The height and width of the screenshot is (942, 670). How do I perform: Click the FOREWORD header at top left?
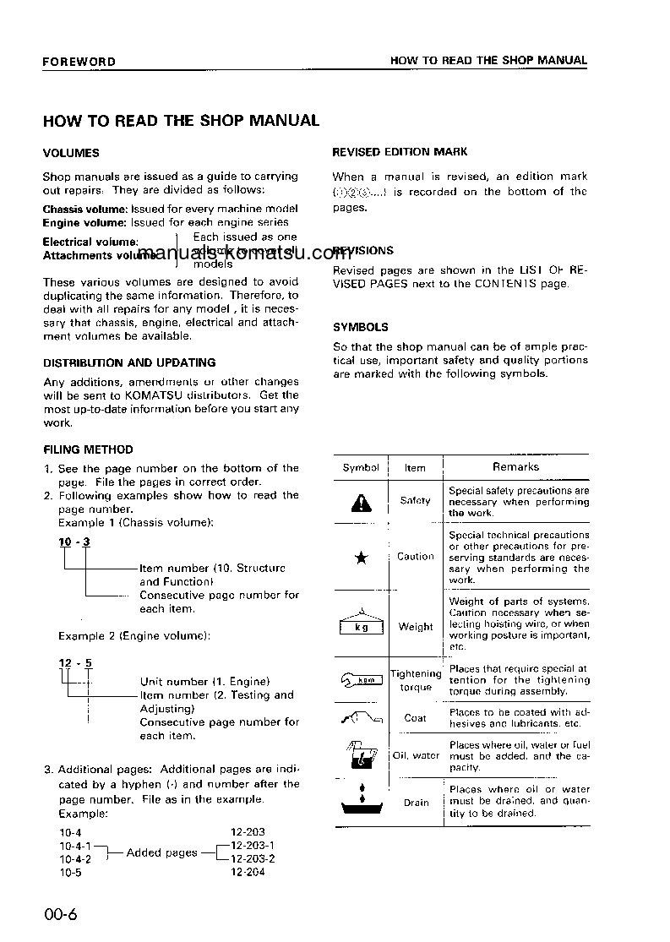79,62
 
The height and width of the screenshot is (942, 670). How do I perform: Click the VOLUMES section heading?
71,153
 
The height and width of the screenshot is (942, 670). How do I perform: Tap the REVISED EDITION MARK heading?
400,152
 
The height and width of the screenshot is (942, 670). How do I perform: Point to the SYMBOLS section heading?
361,327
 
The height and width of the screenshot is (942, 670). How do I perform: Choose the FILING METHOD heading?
88,450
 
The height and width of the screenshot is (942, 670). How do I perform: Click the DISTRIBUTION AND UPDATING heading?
129,362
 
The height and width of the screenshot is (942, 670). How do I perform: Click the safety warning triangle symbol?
361,503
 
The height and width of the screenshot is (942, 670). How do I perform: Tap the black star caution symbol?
361,558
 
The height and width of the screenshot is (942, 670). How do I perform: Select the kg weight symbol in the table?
361,625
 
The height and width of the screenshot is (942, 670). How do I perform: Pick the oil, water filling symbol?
361,754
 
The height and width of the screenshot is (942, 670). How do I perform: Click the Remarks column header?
515,467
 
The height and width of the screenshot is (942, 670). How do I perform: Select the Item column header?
415,468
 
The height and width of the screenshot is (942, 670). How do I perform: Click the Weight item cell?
416,628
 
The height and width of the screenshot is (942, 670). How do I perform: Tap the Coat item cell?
416,718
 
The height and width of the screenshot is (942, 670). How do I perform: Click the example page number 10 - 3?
74,542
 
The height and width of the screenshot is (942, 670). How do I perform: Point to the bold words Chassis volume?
85,209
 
